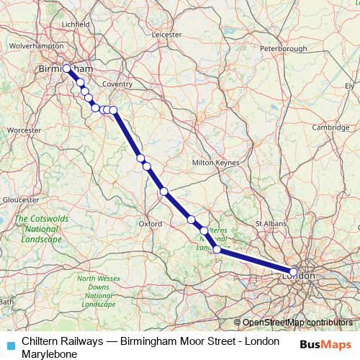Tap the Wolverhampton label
[32, 45]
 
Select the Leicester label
[167, 33]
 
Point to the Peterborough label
[283, 48]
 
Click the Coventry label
[118, 84]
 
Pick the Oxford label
[150, 224]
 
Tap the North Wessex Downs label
[96, 292]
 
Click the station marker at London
[293, 272]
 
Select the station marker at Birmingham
[66, 68]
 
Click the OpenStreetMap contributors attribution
[296, 323]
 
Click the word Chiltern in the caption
[40, 340]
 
